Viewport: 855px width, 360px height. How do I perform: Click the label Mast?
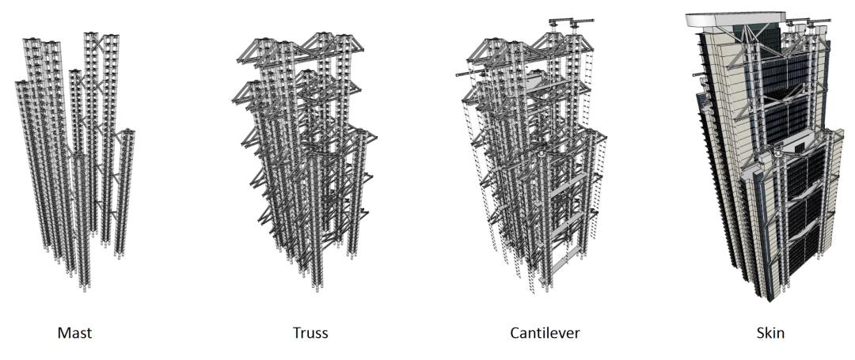click(x=74, y=333)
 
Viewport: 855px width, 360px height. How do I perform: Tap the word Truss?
click(x=310, y=333)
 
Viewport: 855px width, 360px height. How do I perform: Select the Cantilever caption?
click(x=545, y=333)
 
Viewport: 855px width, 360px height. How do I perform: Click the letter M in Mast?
click(x=63, y=333)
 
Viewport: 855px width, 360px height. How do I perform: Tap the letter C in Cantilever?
click(x=515, y=333)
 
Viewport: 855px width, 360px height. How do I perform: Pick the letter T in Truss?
click(x=297, y=333)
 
